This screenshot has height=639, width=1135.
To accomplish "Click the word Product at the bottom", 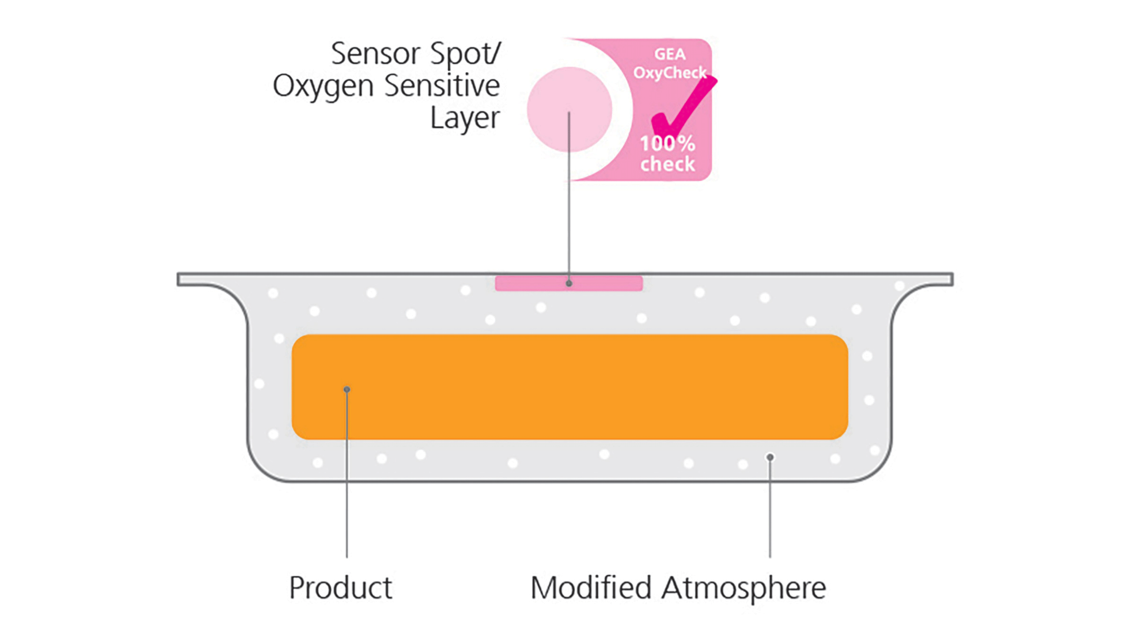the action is (x=340, y=587).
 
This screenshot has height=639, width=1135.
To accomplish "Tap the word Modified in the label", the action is (x=591, y=587).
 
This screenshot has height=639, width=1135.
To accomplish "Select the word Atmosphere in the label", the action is (x=744, y=589).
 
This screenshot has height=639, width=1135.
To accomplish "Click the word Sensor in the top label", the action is (x=375, y=53).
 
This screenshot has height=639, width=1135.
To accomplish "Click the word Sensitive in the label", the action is (x=442, y=85).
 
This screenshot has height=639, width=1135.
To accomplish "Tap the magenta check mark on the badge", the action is (x=683, y=106).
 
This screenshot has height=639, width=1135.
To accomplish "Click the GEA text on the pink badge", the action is (x=670, y=54).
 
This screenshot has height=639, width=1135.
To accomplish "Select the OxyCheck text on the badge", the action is (x=670, y=73).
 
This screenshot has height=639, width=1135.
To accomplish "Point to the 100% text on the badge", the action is (x=667, y=143).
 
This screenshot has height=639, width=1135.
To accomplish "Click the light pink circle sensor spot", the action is (x=569, y=109).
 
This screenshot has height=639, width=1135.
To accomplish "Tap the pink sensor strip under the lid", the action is (x=569, y=283).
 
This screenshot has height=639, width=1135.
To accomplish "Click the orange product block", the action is (x=569, y=387).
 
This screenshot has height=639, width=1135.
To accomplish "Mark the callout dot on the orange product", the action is (x=347, y=389).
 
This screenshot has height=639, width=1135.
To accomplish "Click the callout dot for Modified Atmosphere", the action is (x=770, y=457).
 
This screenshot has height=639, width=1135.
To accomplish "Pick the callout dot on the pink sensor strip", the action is (x=569, y=283).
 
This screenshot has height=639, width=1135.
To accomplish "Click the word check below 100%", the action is (x=667, y=164).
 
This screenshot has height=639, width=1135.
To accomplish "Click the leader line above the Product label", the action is (x=347, y=473).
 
